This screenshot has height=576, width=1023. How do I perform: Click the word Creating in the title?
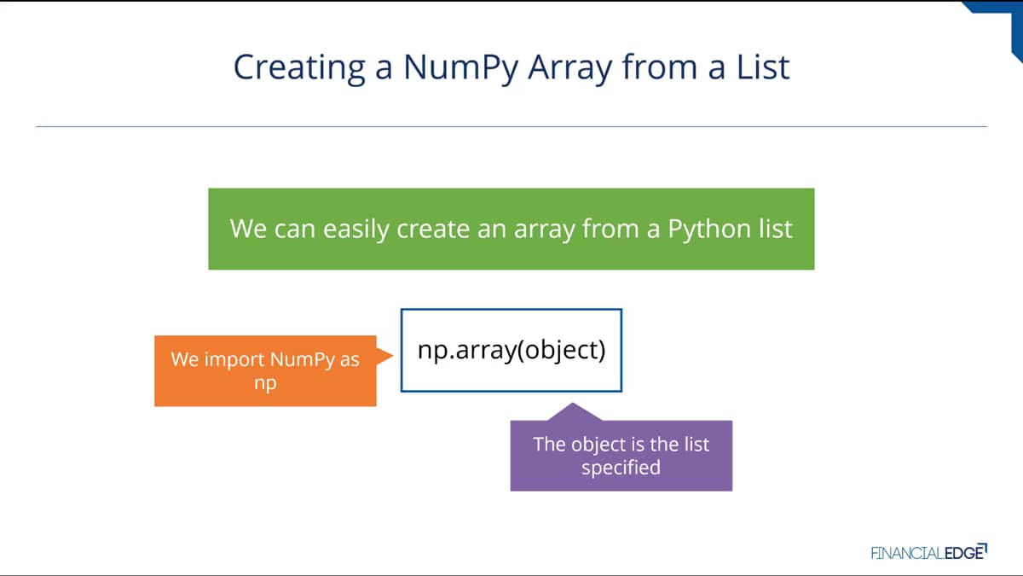(x=299, y=68)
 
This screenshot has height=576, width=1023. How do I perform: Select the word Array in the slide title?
(x=569, y=68)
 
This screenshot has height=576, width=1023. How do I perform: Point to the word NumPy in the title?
(x=461, y=68)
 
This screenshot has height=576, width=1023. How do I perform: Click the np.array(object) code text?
(x=511, y=350)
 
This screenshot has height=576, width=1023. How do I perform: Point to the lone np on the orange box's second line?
(x=265, y=383)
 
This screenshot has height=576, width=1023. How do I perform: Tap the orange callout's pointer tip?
(x=392, y=355)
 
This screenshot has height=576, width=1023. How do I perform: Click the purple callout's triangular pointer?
(x=574, y=412)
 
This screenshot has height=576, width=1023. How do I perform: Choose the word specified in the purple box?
(x=621, y=468)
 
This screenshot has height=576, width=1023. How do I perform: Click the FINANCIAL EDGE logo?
(x=929, y=552)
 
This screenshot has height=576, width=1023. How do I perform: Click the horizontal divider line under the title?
(x=511, y=126)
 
